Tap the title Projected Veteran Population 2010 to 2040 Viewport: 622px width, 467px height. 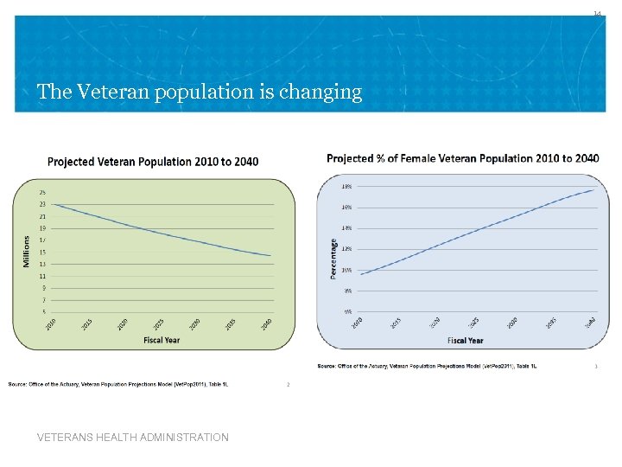click(x=152, y=162)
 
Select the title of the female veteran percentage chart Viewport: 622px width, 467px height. click(x=462, y=158)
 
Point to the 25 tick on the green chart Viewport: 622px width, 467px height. click(x=42, y=192)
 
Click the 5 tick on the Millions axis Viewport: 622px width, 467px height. click(x=43, y=312)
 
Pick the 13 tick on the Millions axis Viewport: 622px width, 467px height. click(x=42, y=264)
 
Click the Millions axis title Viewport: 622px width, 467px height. click(x=27, y=251)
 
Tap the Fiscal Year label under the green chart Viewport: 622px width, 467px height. click(x=162, y=340)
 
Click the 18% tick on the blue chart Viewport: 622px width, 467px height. click(x=346, y=186)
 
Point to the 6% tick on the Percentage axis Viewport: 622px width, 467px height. click(x=347, y=311)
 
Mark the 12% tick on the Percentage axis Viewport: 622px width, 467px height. click(x=346, y=249)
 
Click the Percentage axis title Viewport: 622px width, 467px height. click(x=333, y=259)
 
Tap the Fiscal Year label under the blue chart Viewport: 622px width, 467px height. click(x=466, y=341)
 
